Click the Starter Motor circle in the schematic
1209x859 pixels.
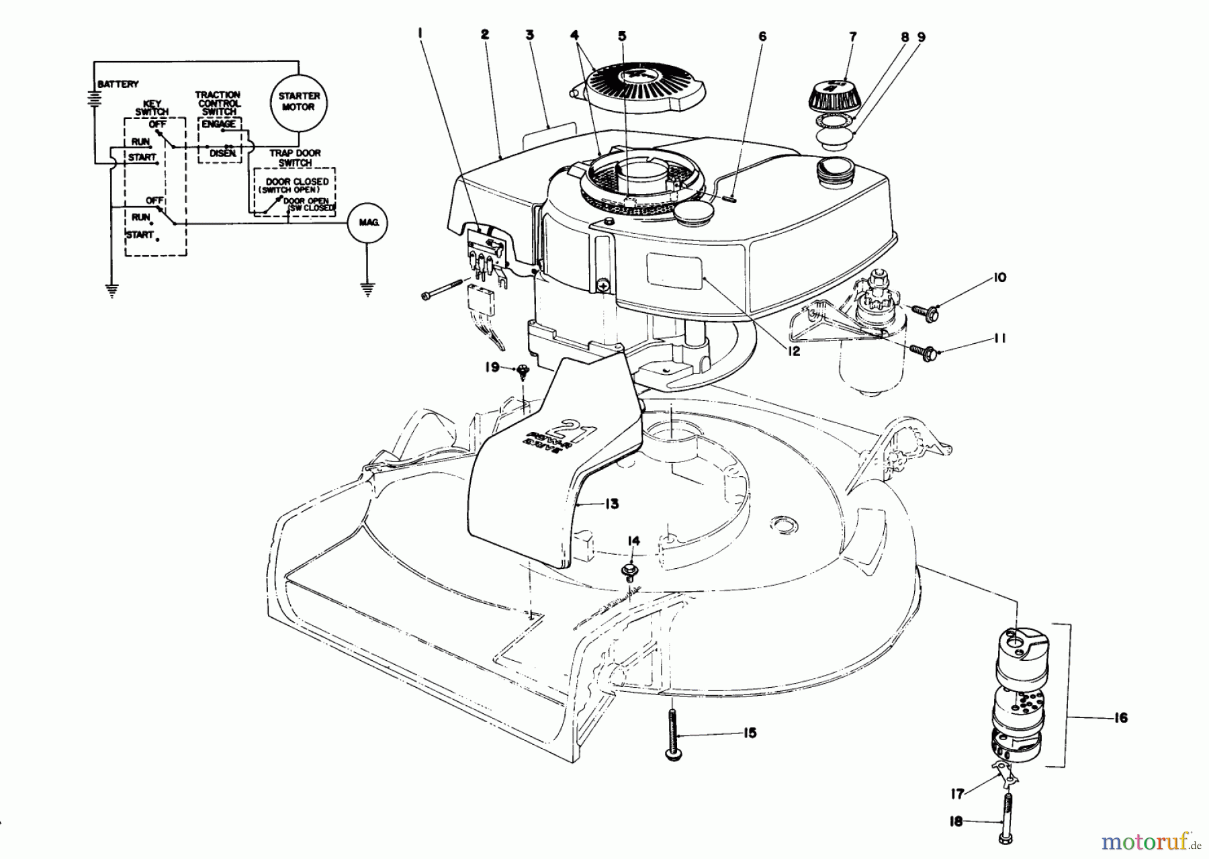coord(296,101)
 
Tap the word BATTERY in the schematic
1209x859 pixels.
coord(118,85)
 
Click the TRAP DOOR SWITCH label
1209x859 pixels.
coord(295,158)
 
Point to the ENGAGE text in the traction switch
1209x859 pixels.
coord(218,124)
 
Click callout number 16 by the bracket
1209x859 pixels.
coord(1120,717)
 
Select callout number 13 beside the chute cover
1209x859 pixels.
coord(611,504)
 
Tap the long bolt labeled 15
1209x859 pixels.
coord(672,735)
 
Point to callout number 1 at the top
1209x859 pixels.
coord(420,31)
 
